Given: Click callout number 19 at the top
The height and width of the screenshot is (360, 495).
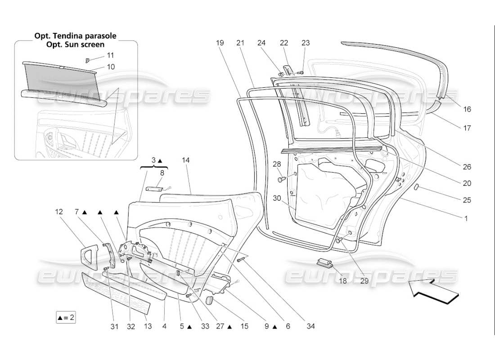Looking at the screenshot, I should tap(220, 43).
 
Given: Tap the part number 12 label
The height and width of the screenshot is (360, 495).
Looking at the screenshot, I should tap(59, 211).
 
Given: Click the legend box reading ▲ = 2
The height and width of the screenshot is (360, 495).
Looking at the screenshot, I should tap(66, 317).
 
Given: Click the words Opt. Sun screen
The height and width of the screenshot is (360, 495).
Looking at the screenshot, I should tap(76, 45).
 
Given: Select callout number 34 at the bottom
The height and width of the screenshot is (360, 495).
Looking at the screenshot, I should tap(310, 326).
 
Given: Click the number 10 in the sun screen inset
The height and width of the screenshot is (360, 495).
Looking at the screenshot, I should tap(110, 67).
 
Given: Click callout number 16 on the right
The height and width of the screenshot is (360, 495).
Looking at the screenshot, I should tap(467, 109).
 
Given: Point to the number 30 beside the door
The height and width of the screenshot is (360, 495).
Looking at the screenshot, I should tap(276, 198).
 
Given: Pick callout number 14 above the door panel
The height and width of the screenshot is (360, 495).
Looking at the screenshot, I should tap(186, 160).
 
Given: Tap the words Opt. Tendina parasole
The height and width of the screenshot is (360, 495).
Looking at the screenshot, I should tap(76, 36).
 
